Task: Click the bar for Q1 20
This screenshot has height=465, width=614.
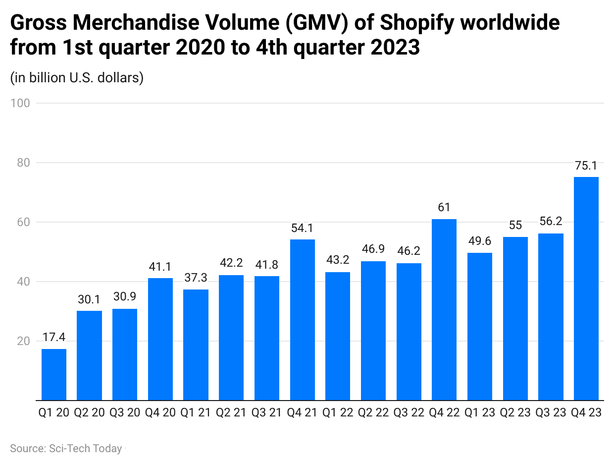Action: [53, 374]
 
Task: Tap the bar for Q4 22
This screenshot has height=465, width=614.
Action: [444, 309]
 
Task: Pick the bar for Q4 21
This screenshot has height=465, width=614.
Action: [302, 320]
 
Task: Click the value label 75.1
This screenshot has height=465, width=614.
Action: [586, 166]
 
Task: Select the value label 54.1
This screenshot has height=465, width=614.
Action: [302, 229]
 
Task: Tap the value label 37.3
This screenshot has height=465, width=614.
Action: [196, 279]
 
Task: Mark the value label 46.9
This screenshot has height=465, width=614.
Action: [373, 250]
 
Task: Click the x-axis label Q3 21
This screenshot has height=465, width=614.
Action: [267, 412]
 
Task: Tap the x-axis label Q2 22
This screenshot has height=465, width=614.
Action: [373, 412]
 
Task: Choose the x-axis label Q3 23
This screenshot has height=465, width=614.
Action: [551, 412]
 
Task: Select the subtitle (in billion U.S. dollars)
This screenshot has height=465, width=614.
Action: [77, 78]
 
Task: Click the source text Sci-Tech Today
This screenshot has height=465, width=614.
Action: [85, 449]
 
